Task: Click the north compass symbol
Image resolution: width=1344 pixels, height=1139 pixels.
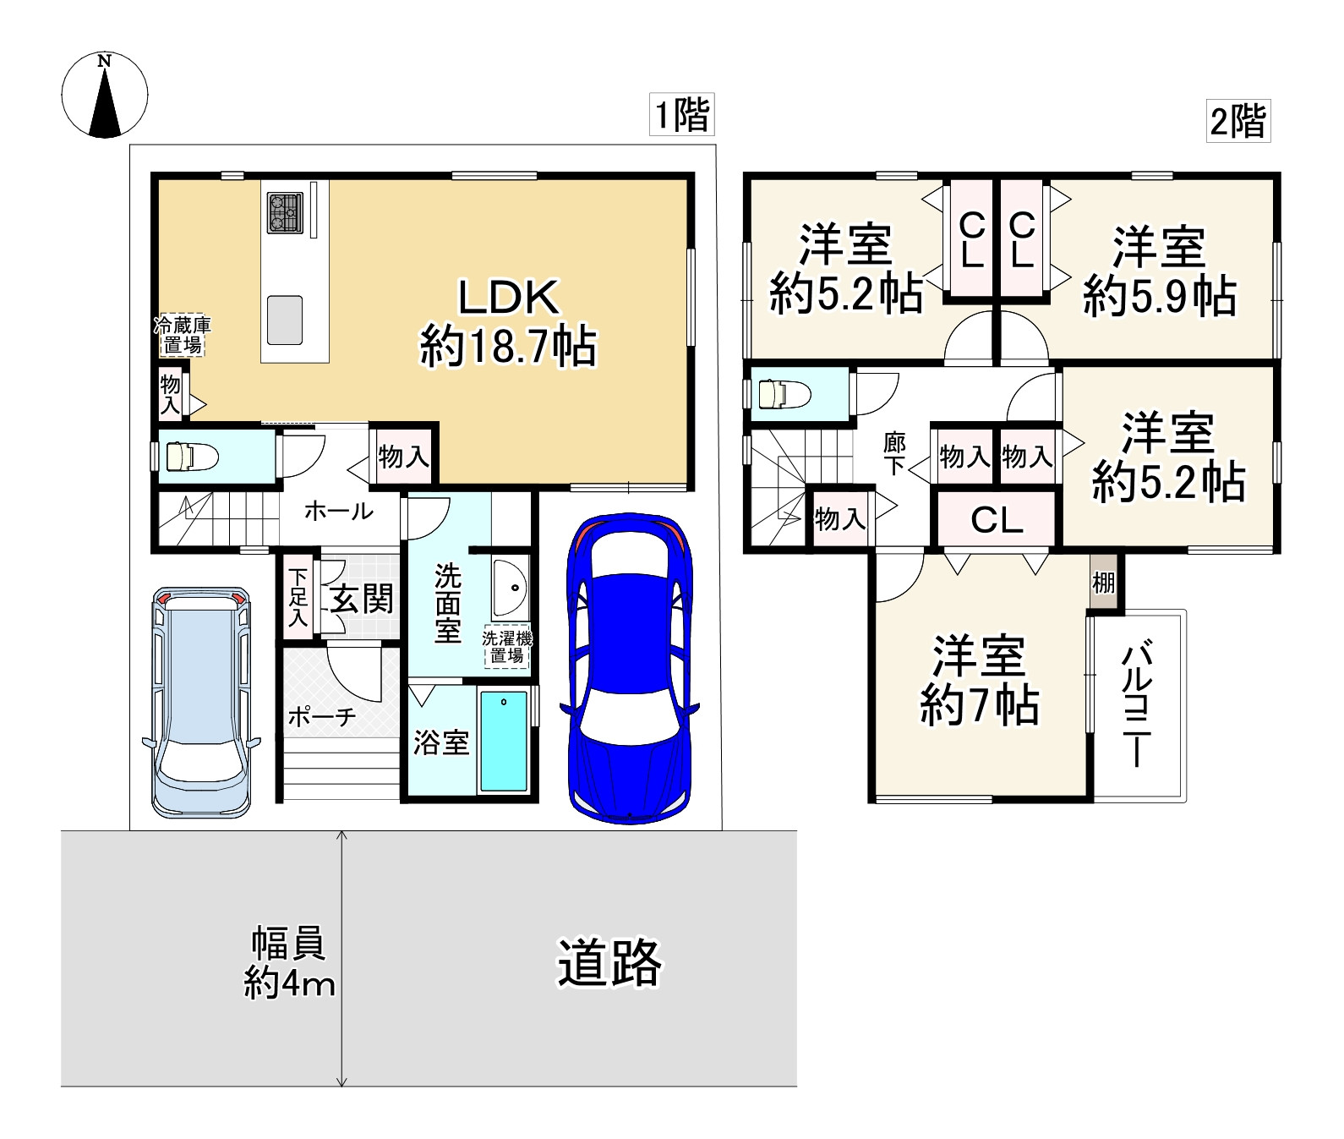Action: (x=105, y=95)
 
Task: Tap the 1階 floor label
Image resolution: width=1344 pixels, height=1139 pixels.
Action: (x=682, y=114)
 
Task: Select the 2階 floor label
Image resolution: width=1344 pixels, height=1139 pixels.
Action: (x=1237, y=121)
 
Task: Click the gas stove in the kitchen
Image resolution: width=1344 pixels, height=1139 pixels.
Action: (x=285, y=212)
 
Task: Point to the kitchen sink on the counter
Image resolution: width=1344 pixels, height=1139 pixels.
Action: (x=285, y=320)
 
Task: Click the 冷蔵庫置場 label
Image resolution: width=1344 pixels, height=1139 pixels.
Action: (x=183, y=336)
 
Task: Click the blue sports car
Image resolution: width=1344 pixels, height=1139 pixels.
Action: (x=630, y=668)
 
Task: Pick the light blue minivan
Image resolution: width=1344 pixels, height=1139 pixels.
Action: (x=201, y=701)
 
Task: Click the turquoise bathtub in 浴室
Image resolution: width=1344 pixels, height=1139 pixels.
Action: (x=504, y=741)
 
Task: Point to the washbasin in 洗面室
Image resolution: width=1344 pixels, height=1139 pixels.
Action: (x=511, y=587)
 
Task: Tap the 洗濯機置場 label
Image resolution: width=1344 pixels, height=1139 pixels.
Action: (x=507, y=647)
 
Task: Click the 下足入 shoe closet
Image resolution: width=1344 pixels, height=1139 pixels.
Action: (x=298, y=597)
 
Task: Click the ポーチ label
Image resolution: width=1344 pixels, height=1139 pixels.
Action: (x=322, y=717)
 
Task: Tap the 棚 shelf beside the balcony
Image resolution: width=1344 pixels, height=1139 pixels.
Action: (x=1103, y=582)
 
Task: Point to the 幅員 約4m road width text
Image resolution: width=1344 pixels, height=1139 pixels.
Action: (x=289, y=963)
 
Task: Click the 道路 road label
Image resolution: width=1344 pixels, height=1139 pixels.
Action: (x=609, y=962)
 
